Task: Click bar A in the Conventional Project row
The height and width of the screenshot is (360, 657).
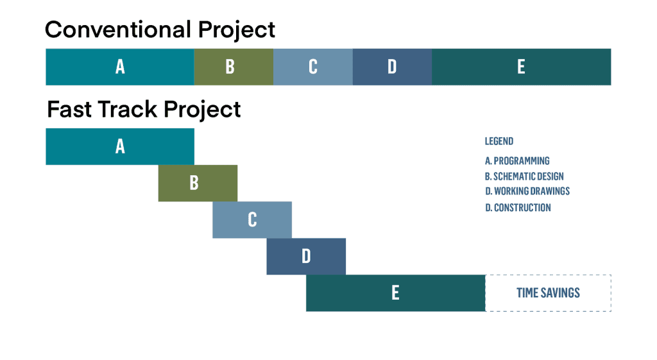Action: click(120, 67)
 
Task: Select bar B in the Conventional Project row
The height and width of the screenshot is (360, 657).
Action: click(234, 67)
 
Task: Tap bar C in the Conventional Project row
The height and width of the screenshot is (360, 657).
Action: click(313, 67)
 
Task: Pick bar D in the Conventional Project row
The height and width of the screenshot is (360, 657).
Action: click(392, 67)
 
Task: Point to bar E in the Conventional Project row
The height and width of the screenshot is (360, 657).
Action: click(522, 67)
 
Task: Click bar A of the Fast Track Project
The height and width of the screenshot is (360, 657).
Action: click(120, 147)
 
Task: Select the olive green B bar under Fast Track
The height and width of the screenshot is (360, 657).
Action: click(198, 183)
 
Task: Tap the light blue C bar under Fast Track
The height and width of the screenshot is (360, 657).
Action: click(252, 220)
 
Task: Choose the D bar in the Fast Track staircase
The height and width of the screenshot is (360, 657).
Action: click(306, 257)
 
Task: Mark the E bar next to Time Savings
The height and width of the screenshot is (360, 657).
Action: click(395, 293)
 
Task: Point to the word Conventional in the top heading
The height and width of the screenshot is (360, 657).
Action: click(118, 30)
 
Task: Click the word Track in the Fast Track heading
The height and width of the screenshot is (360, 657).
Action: click(128, 109)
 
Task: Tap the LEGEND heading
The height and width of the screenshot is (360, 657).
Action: click(499, 141)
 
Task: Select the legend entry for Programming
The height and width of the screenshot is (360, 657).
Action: click(517, 161)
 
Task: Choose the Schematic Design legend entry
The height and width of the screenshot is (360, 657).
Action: click(524, 176)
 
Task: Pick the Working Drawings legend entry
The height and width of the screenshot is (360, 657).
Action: click(527, 191)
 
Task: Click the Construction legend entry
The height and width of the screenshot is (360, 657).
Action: click(518, 208)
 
